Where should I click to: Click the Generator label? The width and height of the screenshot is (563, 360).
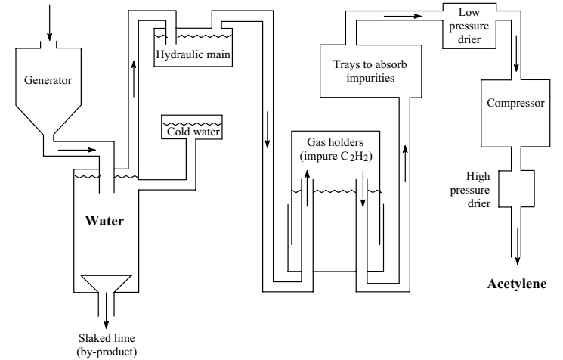coord(49,78)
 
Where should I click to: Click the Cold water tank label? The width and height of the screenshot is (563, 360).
coord(194,132)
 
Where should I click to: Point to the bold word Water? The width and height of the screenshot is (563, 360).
coord(104,222)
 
